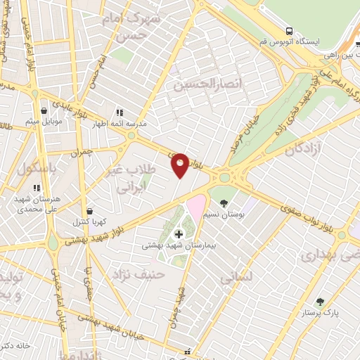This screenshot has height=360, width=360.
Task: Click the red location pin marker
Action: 180,165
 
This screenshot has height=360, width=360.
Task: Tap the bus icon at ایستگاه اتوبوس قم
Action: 289,30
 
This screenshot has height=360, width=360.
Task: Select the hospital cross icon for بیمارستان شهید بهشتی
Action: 179,233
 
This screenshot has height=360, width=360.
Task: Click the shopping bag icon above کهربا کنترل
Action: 89,211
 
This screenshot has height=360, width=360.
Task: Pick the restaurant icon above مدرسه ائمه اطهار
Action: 119,112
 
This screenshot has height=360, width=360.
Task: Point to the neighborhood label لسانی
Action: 235,278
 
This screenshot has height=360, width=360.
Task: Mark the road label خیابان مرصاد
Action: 243,134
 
